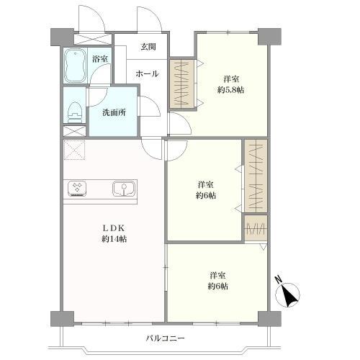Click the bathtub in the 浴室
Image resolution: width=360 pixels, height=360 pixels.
coord(75,66)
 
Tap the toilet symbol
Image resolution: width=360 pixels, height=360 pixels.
coord(75,112)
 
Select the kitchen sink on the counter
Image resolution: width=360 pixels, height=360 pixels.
coord(124,189)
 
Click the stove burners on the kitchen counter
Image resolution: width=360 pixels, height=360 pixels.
coord(77,189)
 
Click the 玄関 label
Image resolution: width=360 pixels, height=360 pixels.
coord(148,47)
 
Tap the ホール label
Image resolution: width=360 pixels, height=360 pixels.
coord(147,73)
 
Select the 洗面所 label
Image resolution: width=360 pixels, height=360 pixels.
coord(114,112)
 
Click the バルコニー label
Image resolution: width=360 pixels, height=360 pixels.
coord(166,338)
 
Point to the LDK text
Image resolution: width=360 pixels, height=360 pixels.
coord(114,228)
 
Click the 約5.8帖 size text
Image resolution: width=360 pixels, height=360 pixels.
coord(230,90)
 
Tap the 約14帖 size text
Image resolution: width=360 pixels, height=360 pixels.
coord(114,239)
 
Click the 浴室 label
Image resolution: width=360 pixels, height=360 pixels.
coord(100,59)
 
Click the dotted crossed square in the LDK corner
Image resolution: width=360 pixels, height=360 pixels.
coord(74,150)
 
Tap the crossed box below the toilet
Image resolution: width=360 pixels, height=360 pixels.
coord(74,131)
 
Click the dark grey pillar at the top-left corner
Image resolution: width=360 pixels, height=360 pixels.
coord(62,37)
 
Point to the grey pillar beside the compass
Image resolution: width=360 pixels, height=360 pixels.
coord(269,319)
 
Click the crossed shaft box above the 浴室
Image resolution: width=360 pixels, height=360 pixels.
coord(93,39)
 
